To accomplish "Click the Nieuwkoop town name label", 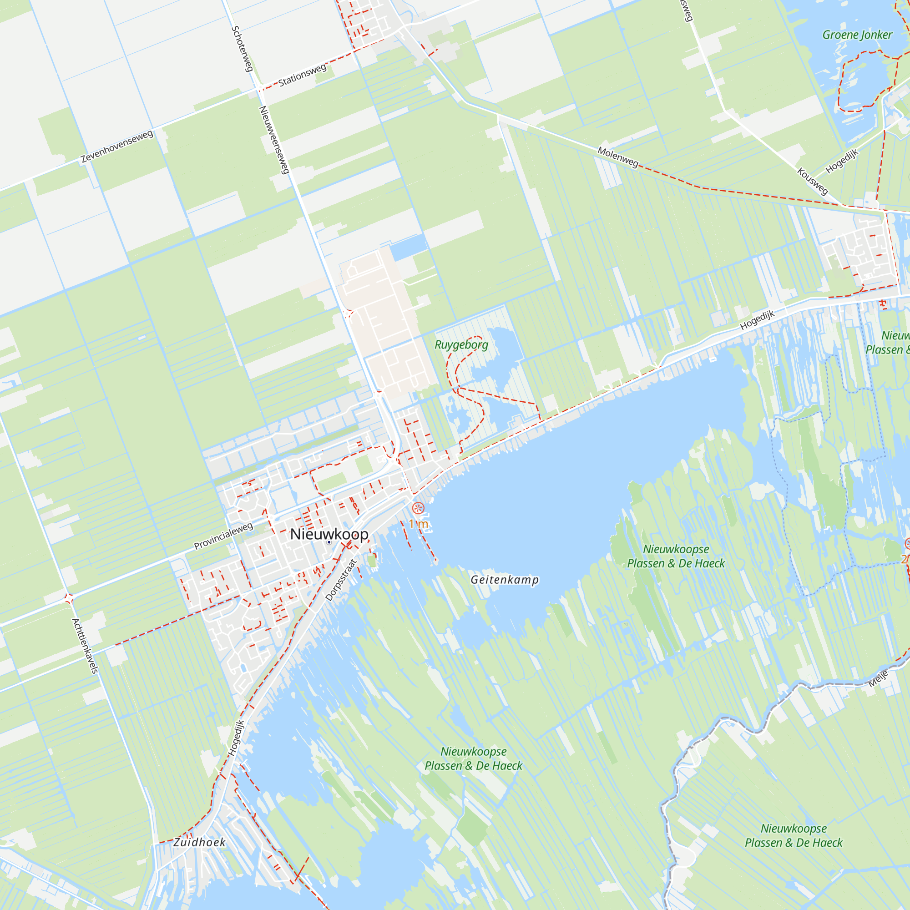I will (329, 534).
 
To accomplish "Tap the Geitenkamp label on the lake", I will (505, 580).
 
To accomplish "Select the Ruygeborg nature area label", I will (461, 345).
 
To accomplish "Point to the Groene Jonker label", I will (857, 35).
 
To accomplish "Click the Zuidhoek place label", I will (199, 843).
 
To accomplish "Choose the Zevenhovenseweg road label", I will (117, 147).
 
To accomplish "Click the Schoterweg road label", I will (243, 49).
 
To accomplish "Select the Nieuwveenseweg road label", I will (274, 140).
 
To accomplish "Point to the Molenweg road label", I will (618, 157).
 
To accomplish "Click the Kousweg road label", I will (812, 181).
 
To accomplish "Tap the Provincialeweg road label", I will (223, 536).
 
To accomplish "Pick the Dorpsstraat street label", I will (341, 580).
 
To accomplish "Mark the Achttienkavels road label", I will (85, 646).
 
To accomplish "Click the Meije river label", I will (878, 679).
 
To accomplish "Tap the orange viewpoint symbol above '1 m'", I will (418, 508).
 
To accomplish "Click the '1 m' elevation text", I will (418, 524).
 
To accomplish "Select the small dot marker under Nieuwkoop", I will (329, 543).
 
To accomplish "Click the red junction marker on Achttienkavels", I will (69, 599).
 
